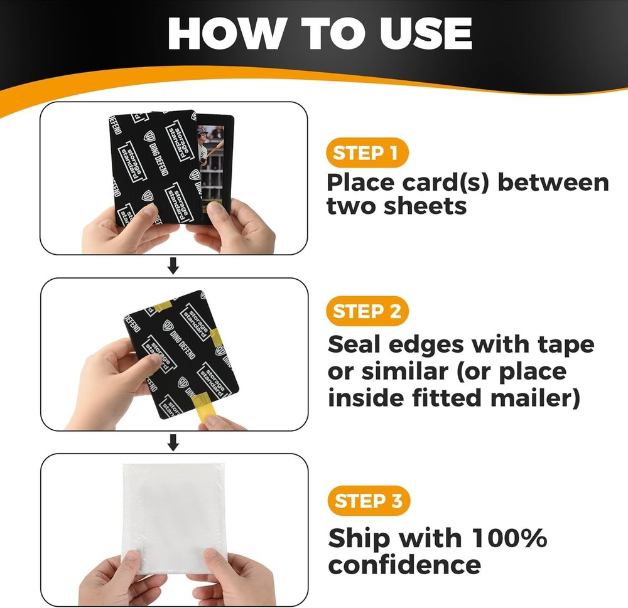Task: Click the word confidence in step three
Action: (404, 565)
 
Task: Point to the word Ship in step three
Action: (359, 538)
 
